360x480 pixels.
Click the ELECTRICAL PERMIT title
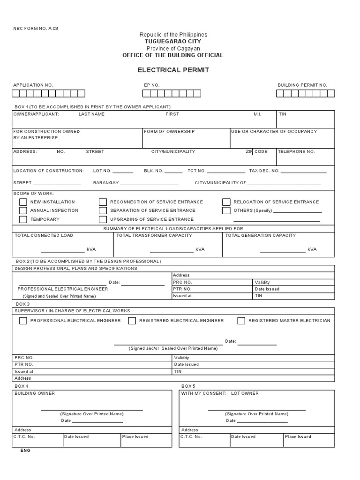click(173, 70)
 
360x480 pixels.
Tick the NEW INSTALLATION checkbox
click(23, 202)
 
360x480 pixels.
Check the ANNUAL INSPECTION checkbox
click(23, 210)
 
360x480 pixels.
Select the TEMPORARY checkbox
click(23, 219)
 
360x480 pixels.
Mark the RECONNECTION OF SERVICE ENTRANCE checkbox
click(103, 202)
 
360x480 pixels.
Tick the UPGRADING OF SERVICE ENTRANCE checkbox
click(103, 219)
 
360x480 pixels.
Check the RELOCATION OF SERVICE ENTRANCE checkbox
click(226, 202)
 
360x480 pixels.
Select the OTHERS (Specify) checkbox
click(226, 210)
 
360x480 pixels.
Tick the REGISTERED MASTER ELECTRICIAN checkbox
click(241, 321)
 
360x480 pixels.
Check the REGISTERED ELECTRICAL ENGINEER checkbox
click(132, 321)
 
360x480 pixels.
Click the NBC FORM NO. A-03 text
click(36, 28)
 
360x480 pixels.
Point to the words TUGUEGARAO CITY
click(173, 42)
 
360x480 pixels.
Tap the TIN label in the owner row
click(283, 114)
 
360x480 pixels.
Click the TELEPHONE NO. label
click(296, 152)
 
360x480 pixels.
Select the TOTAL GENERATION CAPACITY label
click(261, 235)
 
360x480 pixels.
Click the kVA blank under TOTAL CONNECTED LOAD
click(62, 252)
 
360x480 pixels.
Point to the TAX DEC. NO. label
click(264, 171)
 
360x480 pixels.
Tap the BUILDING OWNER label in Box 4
click(35, 393)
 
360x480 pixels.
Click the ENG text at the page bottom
click(25, 450)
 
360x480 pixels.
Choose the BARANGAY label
click(106, 183)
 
